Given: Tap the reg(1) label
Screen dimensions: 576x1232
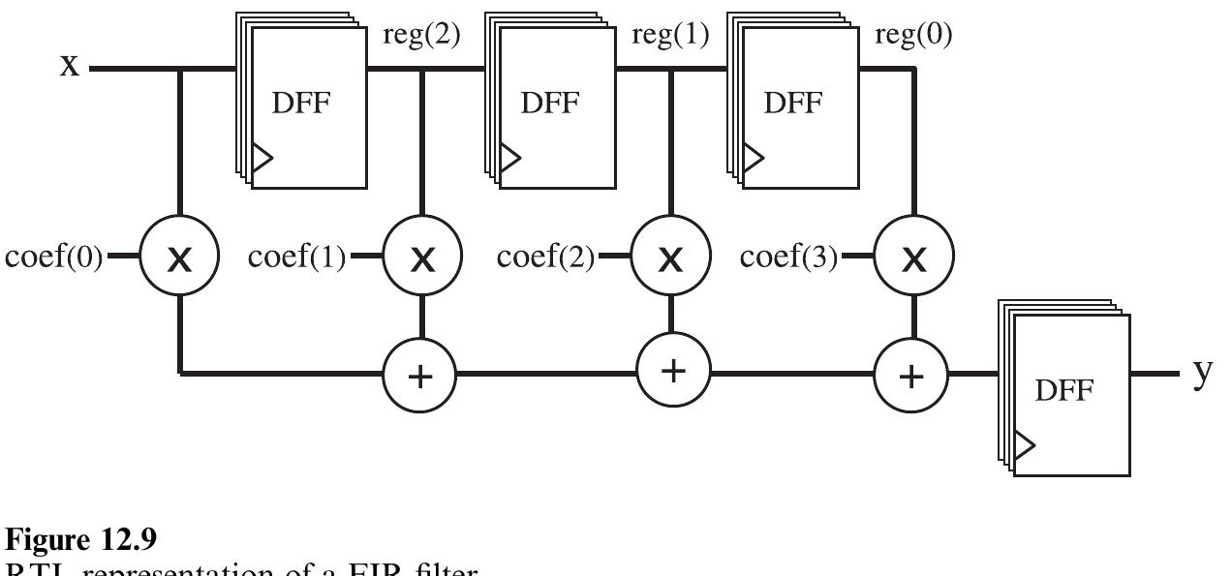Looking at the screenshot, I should coord(669,36).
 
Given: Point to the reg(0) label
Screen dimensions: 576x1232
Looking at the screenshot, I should coord(912,36).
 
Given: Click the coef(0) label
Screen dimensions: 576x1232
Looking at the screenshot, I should coord(53,258).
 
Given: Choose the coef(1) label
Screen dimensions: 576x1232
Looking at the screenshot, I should coord(296,258).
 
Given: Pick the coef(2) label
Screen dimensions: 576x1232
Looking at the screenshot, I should coord(545,258).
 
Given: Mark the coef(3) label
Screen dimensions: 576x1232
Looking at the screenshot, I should coord(788,258).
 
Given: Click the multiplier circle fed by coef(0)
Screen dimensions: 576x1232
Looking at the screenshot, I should coord(180,258).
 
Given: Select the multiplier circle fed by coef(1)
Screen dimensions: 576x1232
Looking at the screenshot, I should coord(422,258).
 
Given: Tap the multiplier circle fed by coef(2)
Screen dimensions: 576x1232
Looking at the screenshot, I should coord(671,258).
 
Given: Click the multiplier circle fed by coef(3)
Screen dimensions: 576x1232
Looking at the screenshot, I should coord(913,258).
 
